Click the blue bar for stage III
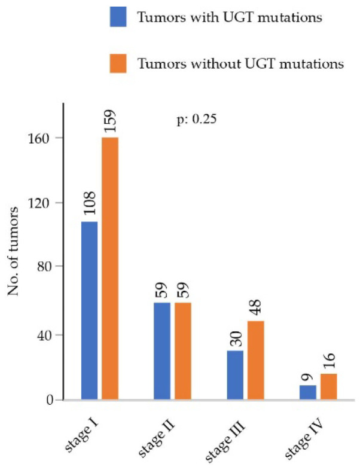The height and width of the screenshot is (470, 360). tap(235, 374)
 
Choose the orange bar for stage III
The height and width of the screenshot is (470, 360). tap(256, 360)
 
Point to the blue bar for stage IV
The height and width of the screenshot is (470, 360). tap(307, 392)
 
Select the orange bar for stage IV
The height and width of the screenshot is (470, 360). tap(328, 386)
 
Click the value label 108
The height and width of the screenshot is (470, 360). tap(89, 203)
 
